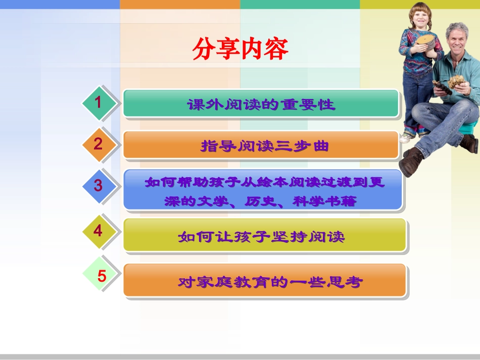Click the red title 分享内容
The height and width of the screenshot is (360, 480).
tap(240, 49)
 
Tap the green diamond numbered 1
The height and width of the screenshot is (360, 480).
tap(99, 103)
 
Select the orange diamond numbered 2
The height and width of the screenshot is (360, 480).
tap(99, 144)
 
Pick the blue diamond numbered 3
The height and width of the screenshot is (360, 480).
tap(99, 185)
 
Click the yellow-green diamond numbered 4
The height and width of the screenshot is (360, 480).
tap(99, 231)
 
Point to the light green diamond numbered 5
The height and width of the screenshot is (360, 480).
tap(102, 276)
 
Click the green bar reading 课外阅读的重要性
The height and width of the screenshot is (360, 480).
tap(261, 104)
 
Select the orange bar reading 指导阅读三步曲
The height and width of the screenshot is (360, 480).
tap(261, 146)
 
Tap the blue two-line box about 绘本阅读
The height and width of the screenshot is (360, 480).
tap(263, 191)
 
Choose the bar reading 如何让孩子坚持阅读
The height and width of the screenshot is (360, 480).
tap(264, 236)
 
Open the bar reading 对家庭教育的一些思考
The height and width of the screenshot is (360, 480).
tap(264, 281)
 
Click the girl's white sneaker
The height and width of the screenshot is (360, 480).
tap(407, 137)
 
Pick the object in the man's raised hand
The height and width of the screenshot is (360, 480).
tap(457, 81)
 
